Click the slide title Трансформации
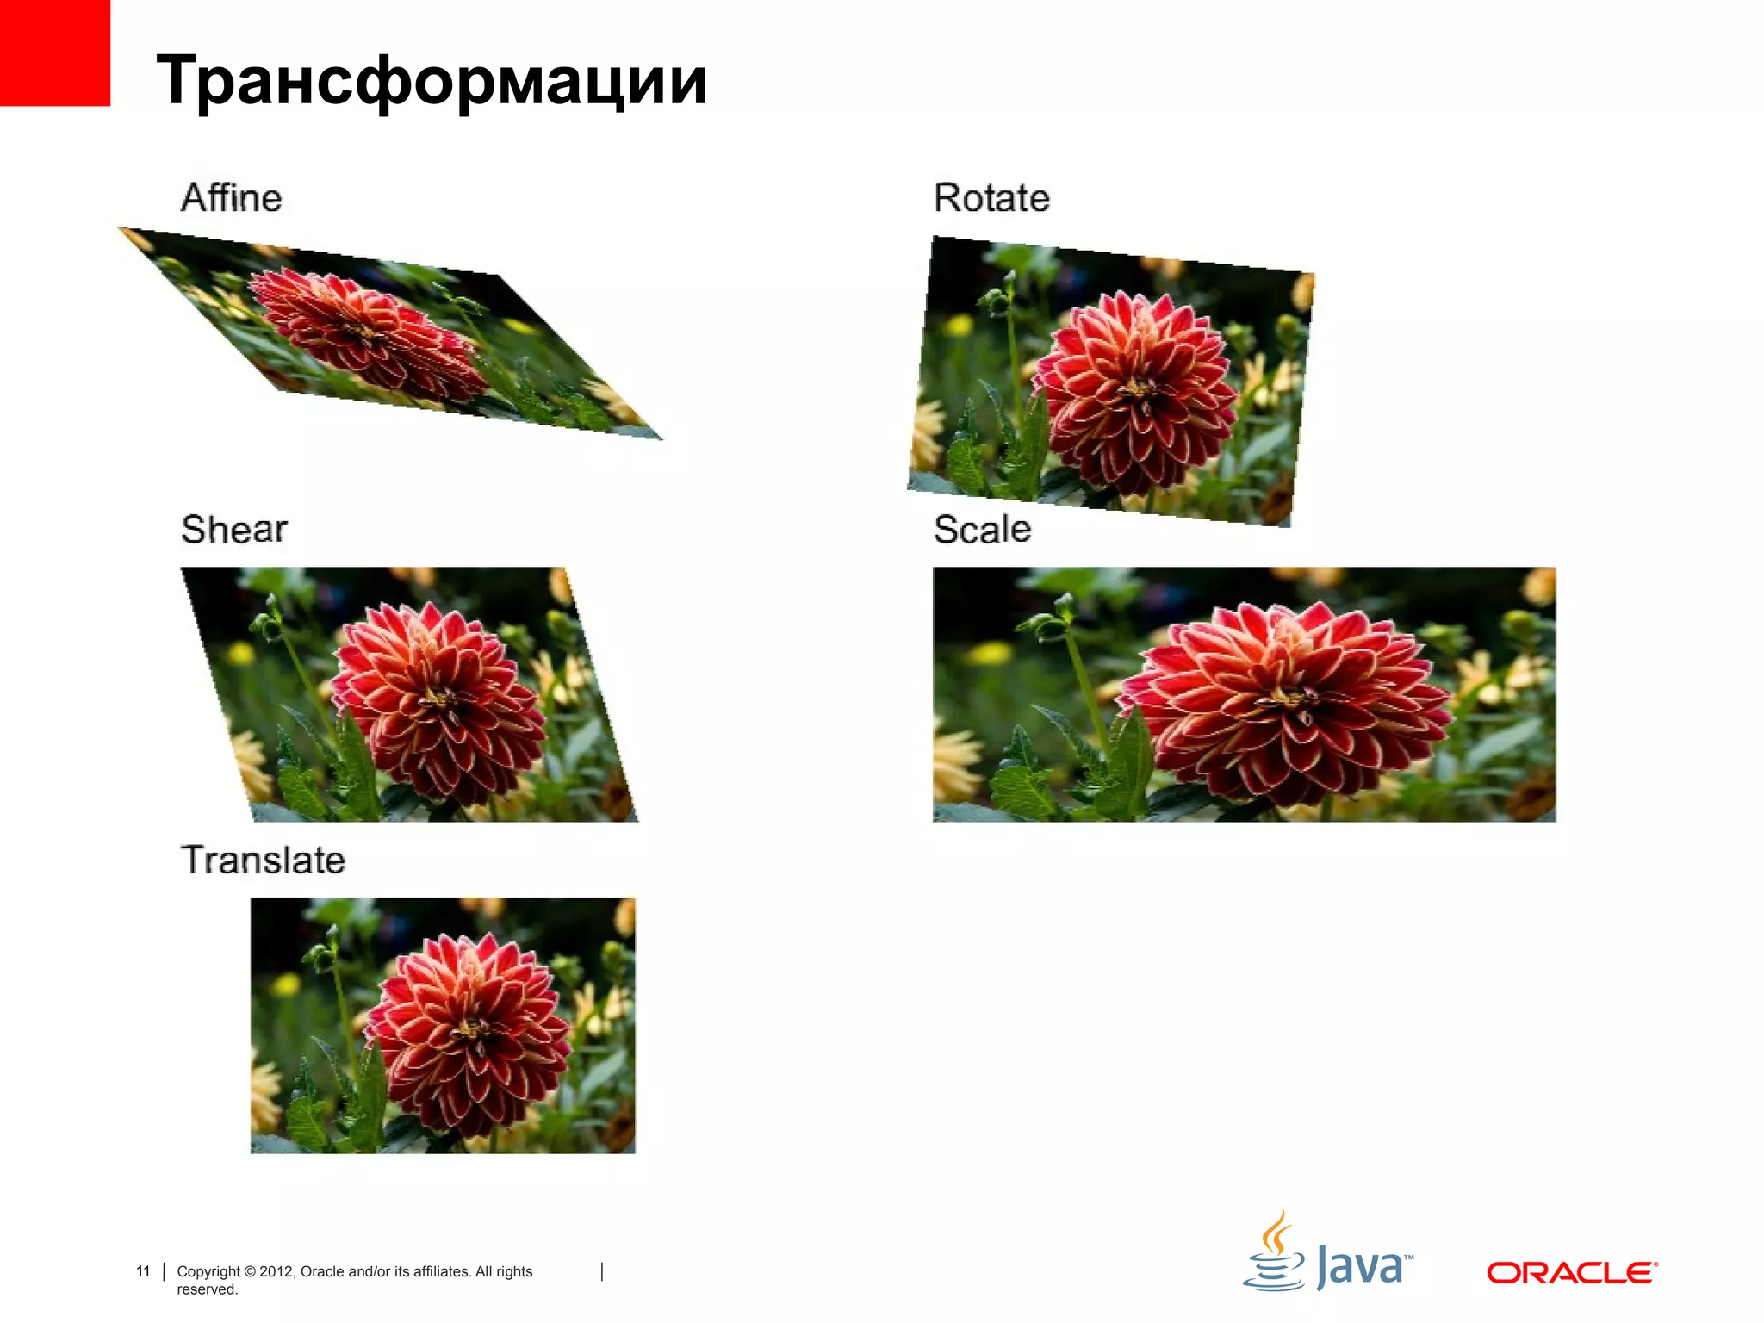tap(431, 80)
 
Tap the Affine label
tap(231, 198)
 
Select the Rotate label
tap(991, 198)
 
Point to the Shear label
tap(234, 529)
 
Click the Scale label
tap(982, 529)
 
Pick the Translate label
tap(263, 860)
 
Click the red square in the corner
tap(54, 52)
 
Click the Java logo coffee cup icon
tap(1274, 1253)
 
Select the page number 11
tap(143, 1271)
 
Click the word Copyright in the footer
tap(208, 1271)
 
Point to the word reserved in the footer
tap(207, 1289)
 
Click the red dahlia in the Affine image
tap(366, 332)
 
